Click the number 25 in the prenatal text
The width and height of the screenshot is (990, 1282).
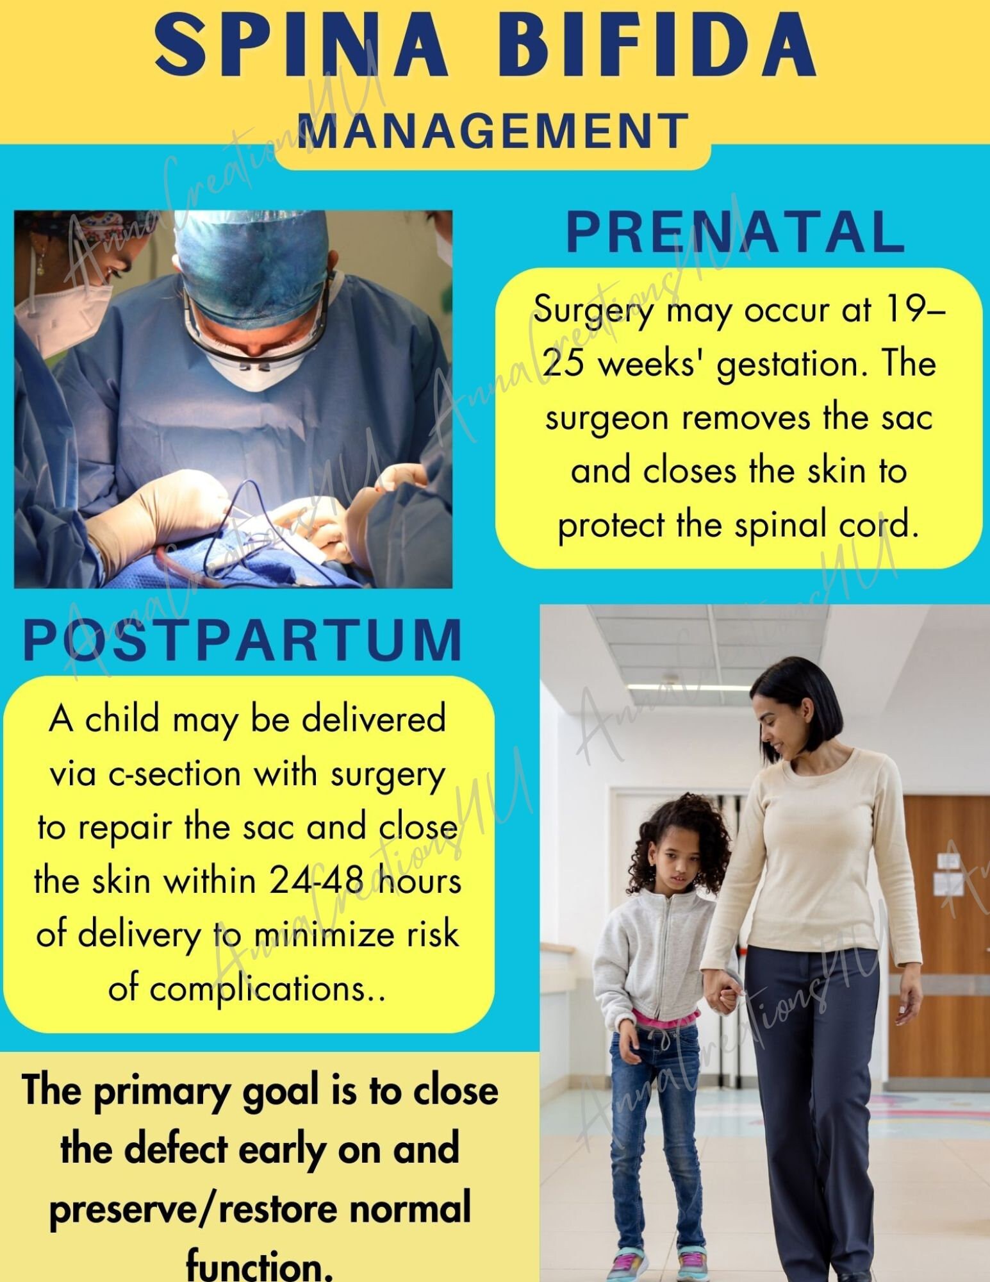[563, 364]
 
